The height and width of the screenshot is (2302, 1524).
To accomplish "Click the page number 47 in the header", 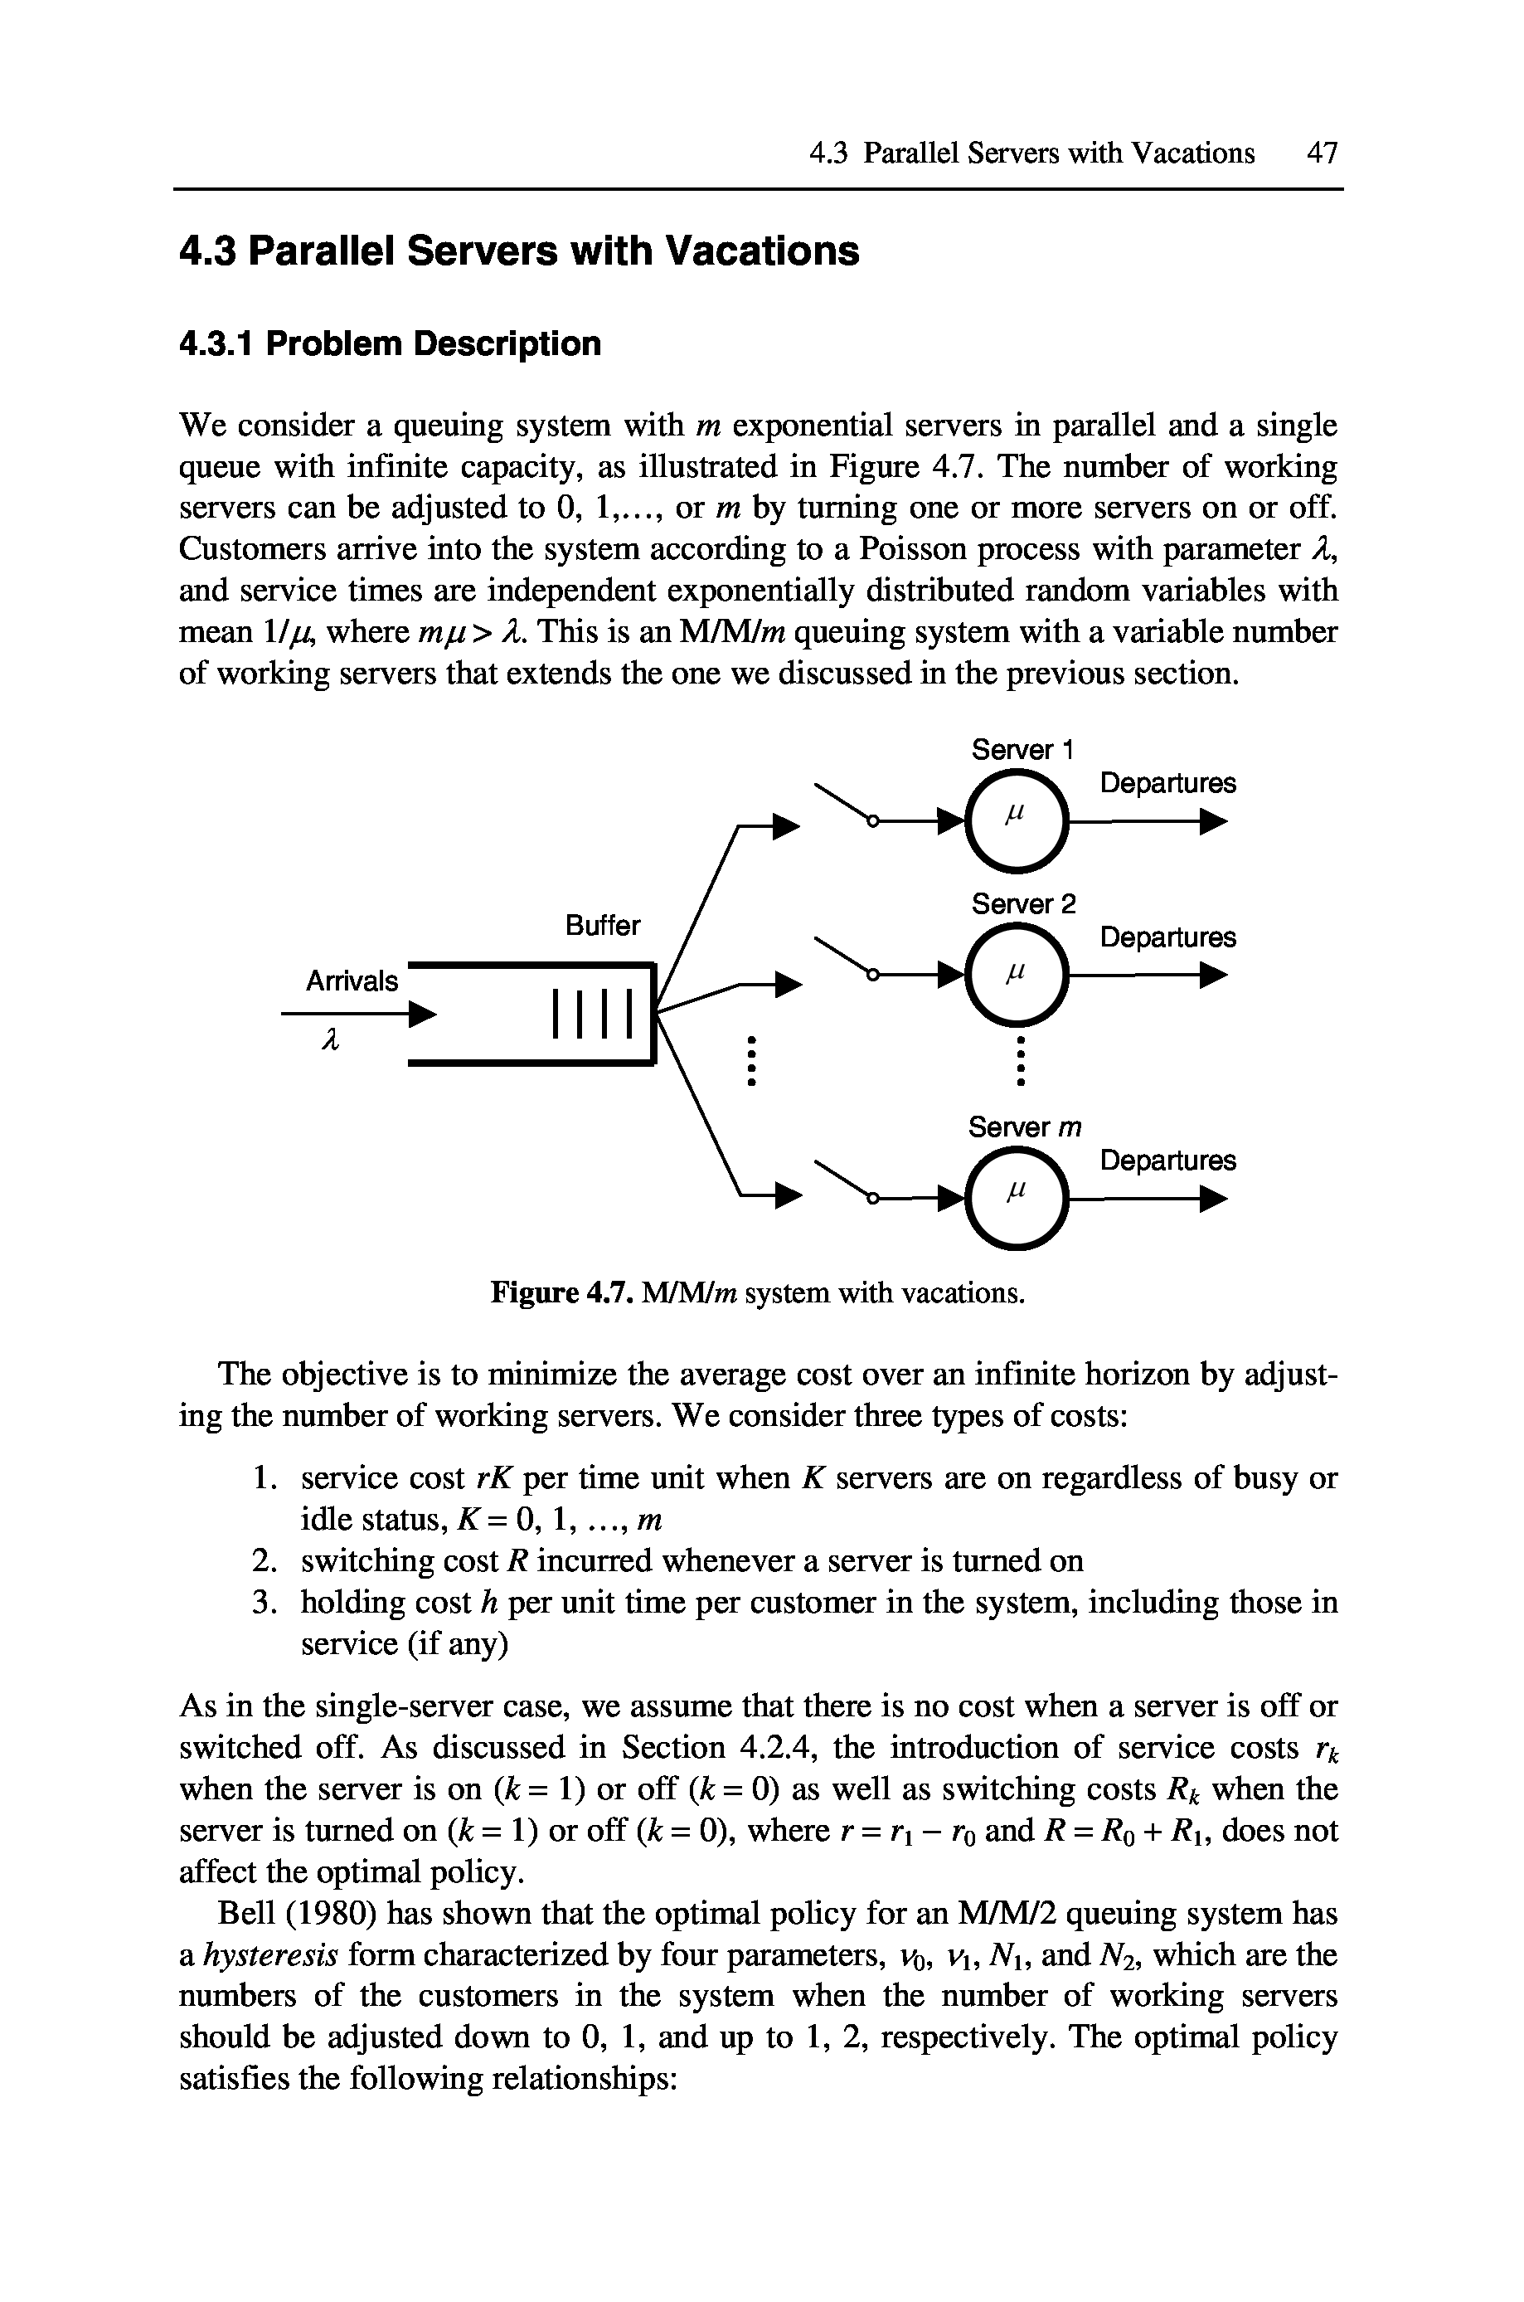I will [x=1322, y=153].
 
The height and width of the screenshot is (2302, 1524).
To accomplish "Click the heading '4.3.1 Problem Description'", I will [x=391, y=344].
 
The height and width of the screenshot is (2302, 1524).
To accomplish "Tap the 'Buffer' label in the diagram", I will [x=603, y=926].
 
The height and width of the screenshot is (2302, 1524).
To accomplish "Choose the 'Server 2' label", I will [x=1024, y=904].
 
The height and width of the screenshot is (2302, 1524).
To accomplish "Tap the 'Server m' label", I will [x=1024, y=1127].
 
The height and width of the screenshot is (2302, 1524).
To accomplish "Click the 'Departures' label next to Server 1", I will [x=1167, y=784].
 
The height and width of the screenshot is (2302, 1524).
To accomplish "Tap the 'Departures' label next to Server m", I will [x=1167, y=1161].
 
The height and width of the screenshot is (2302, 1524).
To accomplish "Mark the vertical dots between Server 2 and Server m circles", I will [x=1021, y=1062].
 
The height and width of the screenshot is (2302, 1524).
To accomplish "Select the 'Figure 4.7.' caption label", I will [x=563, y=1294].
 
